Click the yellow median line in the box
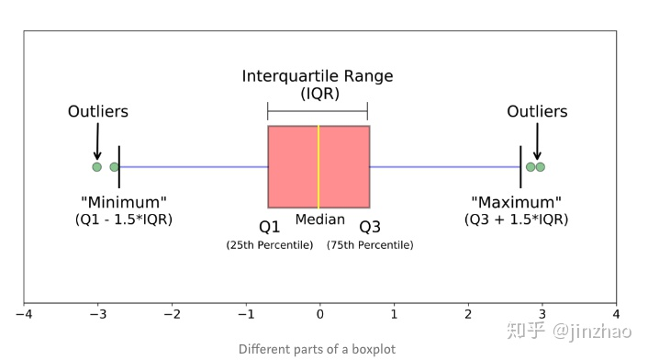click(x=318, y=166)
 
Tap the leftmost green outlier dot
click(x=96, y=167)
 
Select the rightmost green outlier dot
click(x=540, y=167)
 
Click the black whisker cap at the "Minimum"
click(x=119, y=167)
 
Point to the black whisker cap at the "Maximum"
click(x=520, y=167)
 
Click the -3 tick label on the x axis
click(x=98, y=314)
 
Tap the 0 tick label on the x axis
click(x=319, y=314)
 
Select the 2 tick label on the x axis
click(x=468, y=314)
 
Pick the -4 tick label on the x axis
click(x=24, y=314)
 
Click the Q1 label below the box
click(x=270, y=227)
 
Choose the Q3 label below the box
click(x=370, y=227)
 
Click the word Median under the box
click(x=319, y=219)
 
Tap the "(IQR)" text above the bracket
click(x=319, y=94)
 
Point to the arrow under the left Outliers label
click(x=97, y=141)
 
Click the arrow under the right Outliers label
click(x=537, y=141)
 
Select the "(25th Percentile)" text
click(x=270, y=245)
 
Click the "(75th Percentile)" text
click(x=370, y=245)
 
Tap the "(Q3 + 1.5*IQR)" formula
click(x=516, y=219)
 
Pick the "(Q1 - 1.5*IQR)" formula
click(x=124, y=219)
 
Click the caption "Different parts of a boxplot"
click(x=317, y=349)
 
